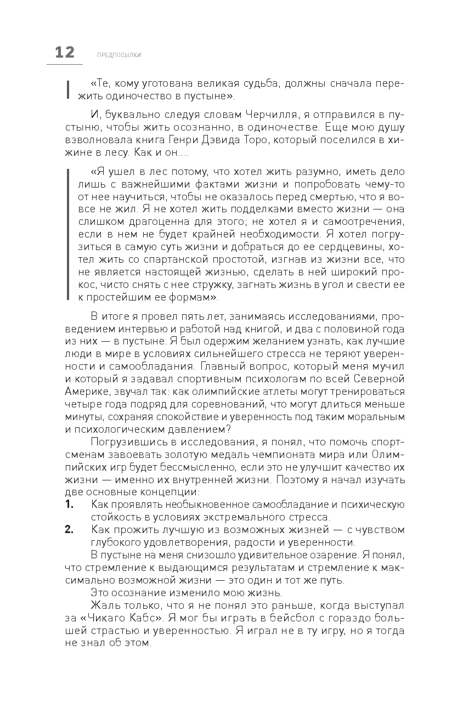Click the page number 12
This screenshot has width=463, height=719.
coord(65,53)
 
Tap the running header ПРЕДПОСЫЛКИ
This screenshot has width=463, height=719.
coord(119,55)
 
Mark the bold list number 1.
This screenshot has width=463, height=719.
coord(69,504)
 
